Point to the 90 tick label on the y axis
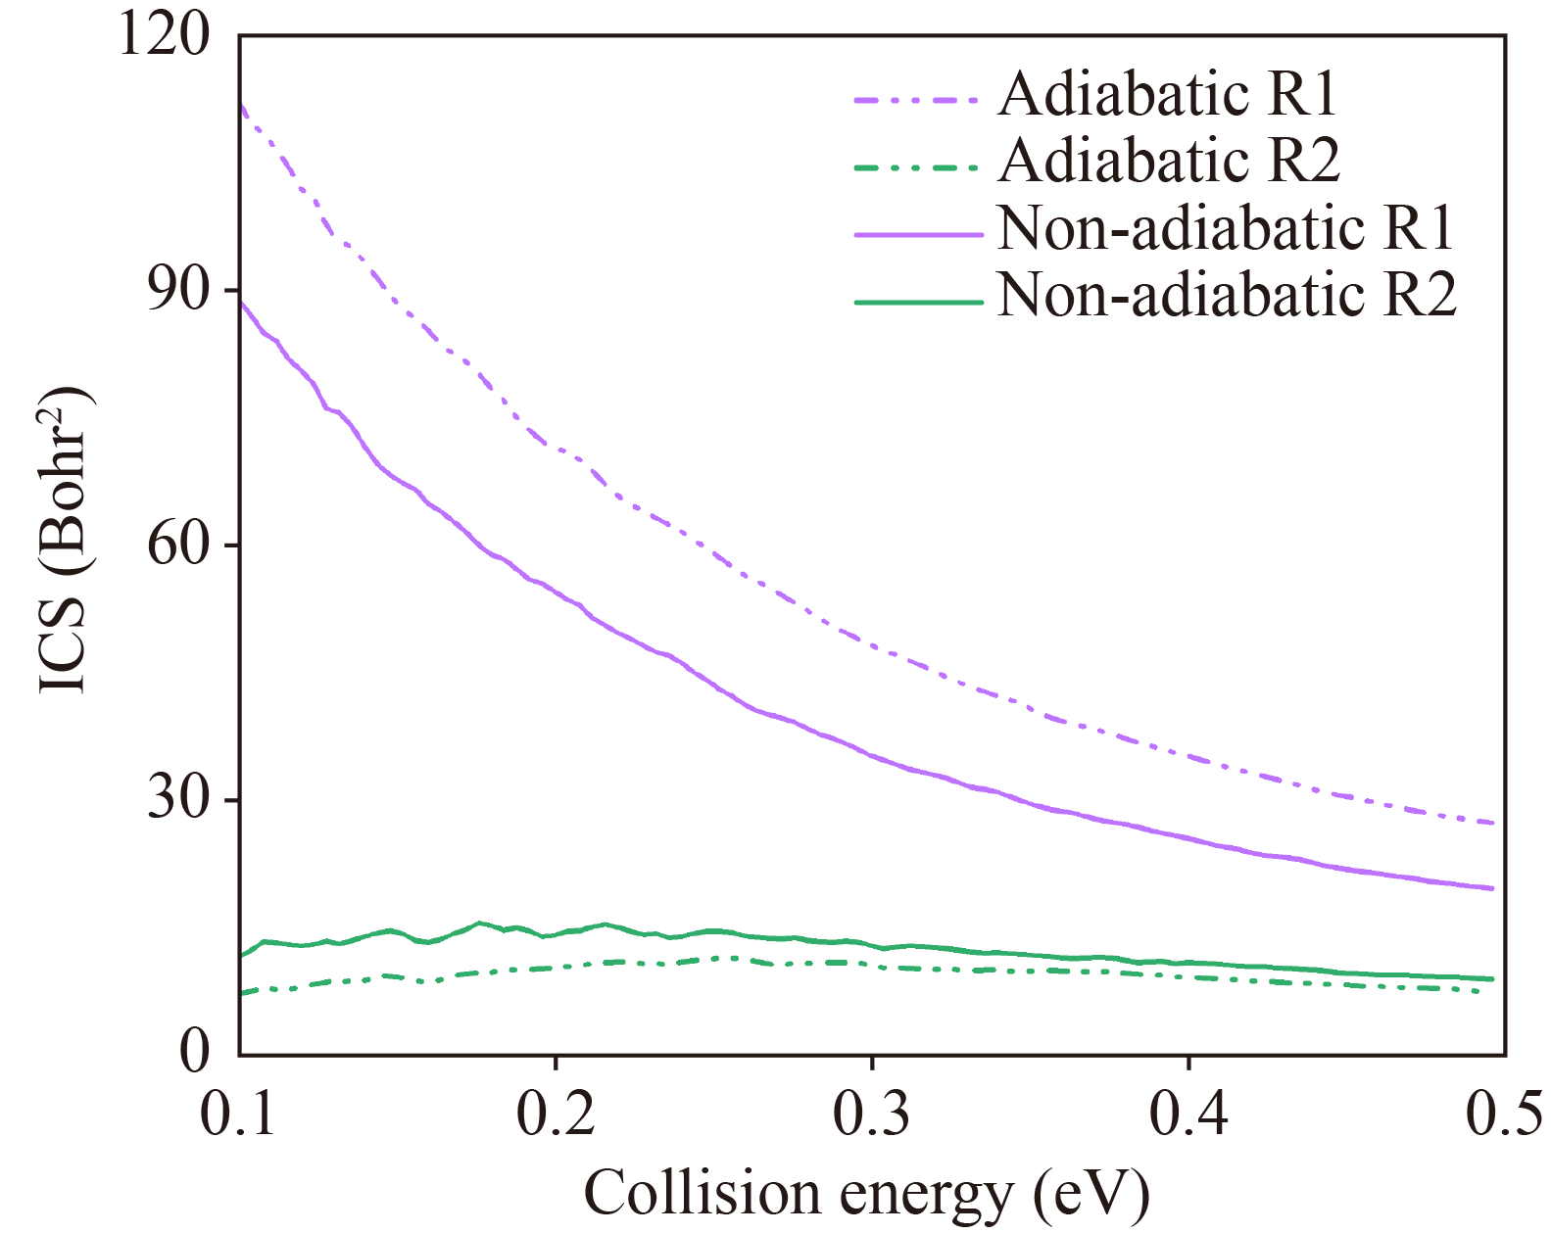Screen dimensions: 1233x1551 point(179,290)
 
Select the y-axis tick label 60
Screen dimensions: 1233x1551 point(179,545)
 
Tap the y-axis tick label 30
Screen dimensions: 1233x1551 point(179,799)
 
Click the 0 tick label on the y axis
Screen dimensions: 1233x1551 point(196,1053)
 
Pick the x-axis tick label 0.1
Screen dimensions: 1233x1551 point(238,1114)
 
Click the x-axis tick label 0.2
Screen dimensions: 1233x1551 point(556,1114)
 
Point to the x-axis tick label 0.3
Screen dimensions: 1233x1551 point(872,1114)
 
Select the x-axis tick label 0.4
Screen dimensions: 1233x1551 point(1188,1114)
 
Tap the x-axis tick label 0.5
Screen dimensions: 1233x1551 point(1504,1114)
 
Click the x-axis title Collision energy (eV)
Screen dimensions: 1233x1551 point(867,1194)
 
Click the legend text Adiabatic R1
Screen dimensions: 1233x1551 point(1168,94)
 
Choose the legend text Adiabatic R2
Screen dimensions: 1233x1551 point(1169,161)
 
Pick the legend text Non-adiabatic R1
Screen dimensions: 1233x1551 point(1226,228)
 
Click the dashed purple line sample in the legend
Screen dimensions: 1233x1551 point(917,100)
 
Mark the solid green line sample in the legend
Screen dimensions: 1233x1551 point(917,302)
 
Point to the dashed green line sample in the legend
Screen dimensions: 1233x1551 point(917,167)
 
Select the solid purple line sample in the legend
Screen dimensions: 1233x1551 point(917,235)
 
